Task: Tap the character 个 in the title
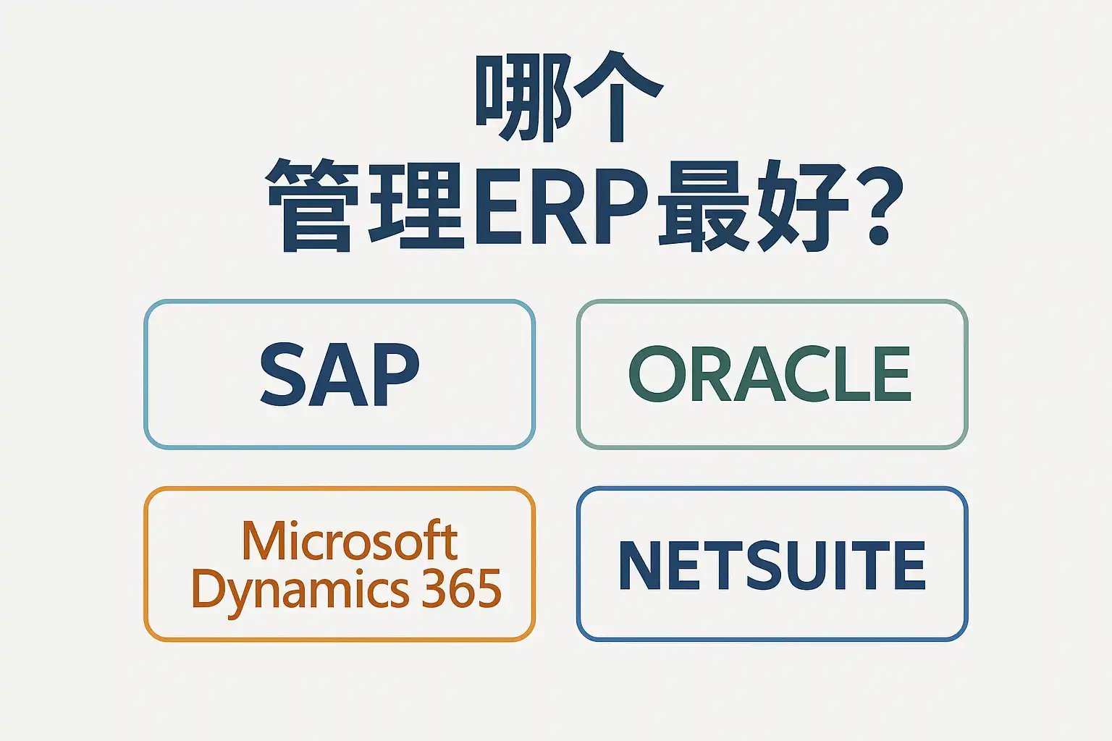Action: point(618,98)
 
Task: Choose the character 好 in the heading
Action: point(801,207)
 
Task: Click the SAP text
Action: point(340,374)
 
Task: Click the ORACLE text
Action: point(770,374)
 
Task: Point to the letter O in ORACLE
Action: point(657,374)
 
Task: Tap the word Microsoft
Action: point(349,541)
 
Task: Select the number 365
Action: point(462,588)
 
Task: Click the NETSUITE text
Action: point(772,565)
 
